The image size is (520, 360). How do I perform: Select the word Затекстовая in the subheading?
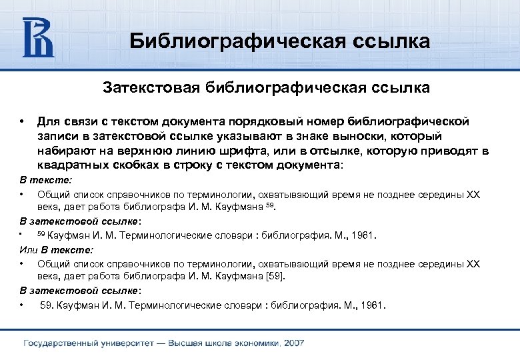[151, 87]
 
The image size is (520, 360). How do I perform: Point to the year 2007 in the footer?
[293, 343]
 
